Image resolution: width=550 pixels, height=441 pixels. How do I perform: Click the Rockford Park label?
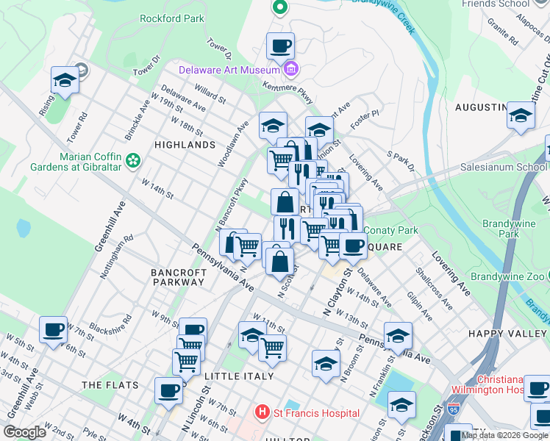173,18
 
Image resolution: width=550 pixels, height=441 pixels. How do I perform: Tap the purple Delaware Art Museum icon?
291,71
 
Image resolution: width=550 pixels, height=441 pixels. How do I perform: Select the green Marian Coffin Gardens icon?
133,159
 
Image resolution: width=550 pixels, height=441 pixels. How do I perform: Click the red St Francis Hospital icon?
260,413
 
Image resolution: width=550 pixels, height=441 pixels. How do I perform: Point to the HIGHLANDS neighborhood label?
185,145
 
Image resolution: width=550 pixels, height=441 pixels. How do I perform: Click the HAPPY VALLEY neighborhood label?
508,334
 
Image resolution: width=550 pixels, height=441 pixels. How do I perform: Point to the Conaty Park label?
390,230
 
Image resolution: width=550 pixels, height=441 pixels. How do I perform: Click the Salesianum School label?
504,167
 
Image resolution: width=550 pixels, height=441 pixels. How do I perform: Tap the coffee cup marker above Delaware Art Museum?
280,46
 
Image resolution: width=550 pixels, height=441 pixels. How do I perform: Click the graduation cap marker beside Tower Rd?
65,81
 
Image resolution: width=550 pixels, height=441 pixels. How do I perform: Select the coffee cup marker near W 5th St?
53,330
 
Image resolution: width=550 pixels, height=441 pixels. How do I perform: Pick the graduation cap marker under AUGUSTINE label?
521,116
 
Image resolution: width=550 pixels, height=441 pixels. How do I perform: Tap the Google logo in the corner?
25,432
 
